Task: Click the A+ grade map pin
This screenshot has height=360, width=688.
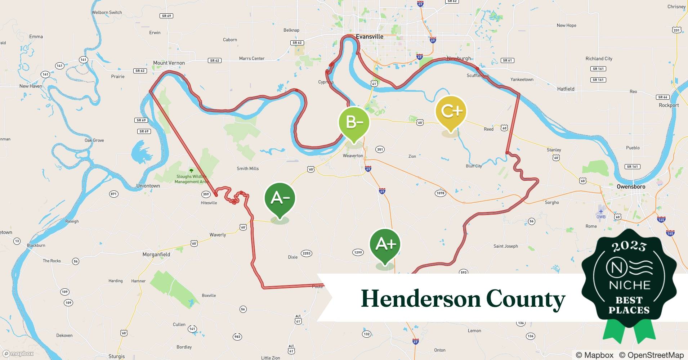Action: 385,245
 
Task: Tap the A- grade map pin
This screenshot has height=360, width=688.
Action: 280,199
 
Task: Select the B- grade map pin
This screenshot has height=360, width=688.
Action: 354,123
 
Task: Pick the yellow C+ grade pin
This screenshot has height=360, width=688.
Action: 451,111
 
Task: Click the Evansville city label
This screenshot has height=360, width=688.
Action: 370,36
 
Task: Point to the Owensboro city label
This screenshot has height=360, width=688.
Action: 631,186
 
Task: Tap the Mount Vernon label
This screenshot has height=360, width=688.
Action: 169,63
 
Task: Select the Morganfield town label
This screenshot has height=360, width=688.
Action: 156,254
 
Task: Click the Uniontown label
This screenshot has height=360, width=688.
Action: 148,186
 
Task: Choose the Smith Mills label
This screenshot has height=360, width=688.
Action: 247,168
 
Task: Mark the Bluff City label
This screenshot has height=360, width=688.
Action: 474,166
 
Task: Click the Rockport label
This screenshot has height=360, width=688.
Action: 669,105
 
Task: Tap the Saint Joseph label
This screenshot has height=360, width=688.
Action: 505,246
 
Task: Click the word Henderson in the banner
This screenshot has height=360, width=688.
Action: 420,299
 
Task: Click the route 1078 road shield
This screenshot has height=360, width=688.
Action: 440,193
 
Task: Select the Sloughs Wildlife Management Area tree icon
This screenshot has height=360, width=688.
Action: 191,170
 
